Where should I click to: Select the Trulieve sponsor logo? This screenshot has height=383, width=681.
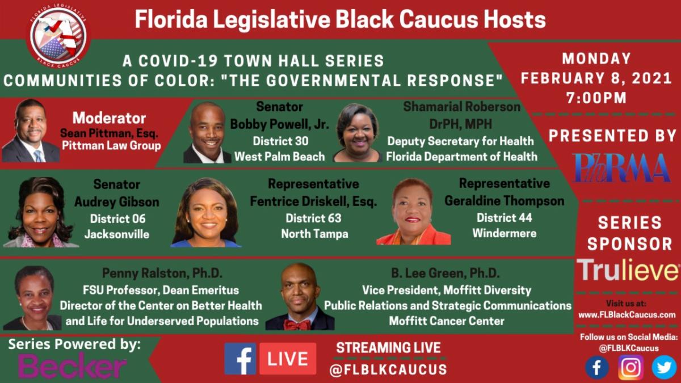pyautogui.click(x=628, y=270)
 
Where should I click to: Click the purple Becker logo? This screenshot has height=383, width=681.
pyautogui.click(x=72, y=365)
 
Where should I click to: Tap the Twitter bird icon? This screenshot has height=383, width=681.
pyautogui.click(x=664, y=367)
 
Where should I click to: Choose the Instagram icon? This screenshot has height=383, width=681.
pyautogui.click(x=631, y=367)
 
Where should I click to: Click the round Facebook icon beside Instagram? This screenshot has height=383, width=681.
pyautogui.click(x=597, y=368)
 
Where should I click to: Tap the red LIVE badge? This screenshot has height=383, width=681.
pyautogui.click(x=288, y=359)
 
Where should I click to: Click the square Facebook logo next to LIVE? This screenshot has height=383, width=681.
pyautogui.click(x=240, y=359)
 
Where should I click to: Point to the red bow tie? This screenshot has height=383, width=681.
pyautogui.click(x=297, y=325)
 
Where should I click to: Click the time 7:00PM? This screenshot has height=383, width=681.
pyautogui.click(x=596, y=98)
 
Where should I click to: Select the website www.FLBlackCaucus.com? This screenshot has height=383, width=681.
pyautogui.click(x=627, y=314)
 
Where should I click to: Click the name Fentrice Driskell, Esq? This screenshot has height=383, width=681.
pyautogui.click(x=313, y=201)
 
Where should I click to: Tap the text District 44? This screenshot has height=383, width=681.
pyautogui.click(x=505, y=218)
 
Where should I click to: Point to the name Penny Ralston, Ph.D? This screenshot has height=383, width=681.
pyautogui.click(x=162, y=273)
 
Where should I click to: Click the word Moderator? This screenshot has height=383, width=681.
pyautogui.click(x=109, y=118)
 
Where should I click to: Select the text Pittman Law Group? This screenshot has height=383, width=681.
pyautogui.click(x=111, y=146)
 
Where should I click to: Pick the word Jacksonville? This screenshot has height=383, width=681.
pyautogui.click(x=117, y=234)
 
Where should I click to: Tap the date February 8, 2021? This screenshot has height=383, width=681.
pyautogui.click(x=596, y=78)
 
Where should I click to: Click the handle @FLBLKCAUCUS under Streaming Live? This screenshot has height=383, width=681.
pyautogui.click(x=388, y=369)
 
